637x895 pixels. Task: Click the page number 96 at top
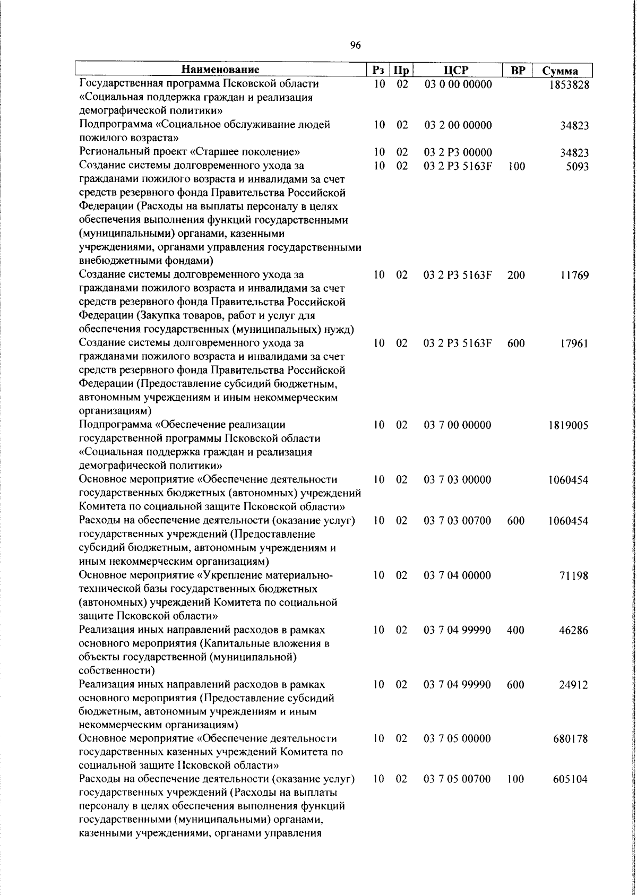coord(356,46)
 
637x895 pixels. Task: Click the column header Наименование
coord(220,70)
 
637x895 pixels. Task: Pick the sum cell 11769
coord(574,276)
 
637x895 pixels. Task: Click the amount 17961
coord(574,344)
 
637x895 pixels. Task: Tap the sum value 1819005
coord(569,426)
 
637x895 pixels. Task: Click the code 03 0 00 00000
coord(458,84)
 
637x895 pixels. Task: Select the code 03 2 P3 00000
coord(458,153)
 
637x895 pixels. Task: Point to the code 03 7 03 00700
coord(458,521)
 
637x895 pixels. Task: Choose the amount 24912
coord(574,685)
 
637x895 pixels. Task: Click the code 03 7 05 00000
coord(458,738)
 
